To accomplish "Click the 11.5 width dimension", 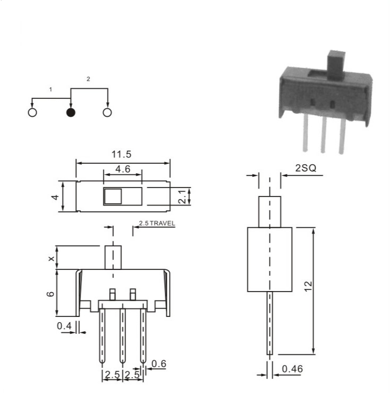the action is coord(121,154).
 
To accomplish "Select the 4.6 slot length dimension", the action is coord(123,169).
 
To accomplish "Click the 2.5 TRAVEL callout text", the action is coord(157,223).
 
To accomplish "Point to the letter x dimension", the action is coord(51,258).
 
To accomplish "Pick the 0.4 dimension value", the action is coord(64,326).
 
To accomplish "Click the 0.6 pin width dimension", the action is coord(159,363).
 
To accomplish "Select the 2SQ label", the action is coord(306,168).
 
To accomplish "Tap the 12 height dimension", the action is coord(308,286).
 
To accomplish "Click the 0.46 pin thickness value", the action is coord(292,369).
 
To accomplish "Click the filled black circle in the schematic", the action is coord(71,113).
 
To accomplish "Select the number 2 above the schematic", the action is coord(88,79).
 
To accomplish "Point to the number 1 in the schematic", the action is coord(51,89).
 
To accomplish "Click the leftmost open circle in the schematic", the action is coord(32,113).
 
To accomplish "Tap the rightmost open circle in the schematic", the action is coord(107,113).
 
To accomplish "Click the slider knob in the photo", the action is coord(336,64).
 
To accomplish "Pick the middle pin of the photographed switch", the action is coord(323,134).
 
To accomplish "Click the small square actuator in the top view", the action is coord(113,196).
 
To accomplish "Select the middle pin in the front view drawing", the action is coord(123,336).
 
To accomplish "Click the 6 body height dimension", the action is coord(50,294).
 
